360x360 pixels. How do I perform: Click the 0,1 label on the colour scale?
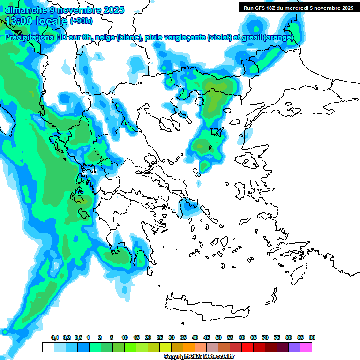tap(55, 337)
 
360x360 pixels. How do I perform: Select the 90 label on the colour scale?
tap(312, 337)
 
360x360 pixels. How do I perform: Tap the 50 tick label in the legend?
tap(218, 337)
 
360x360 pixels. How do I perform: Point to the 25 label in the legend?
tap(160, 337)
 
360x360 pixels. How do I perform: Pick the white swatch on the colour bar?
tap(48, 347)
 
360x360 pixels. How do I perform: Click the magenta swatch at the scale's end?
tap(306, 347)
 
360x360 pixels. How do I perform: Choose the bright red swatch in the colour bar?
tap(247, 347)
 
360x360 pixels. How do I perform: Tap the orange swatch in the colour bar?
tap(189, 347)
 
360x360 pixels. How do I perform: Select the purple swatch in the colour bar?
tap(294, 347)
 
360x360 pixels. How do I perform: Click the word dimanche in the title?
tap(23, 9)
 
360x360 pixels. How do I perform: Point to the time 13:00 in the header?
tap(19, 21)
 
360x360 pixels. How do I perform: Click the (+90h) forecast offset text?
tap(81, 21)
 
